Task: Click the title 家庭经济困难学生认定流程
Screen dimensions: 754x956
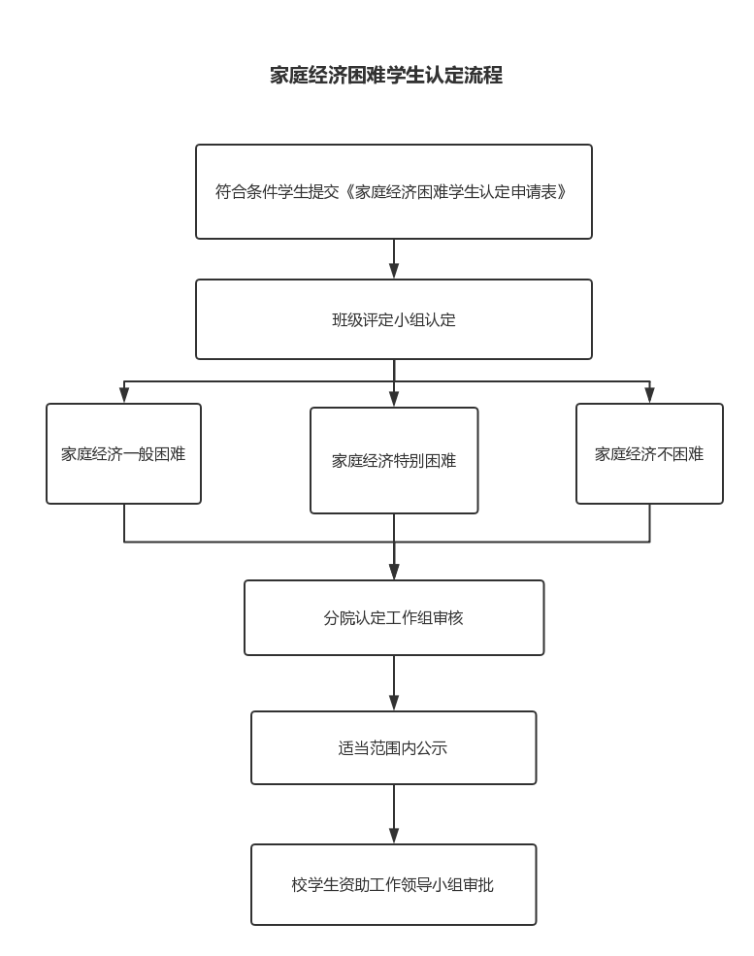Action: click(386, 75)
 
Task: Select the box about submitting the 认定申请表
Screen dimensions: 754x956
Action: click(394, 191)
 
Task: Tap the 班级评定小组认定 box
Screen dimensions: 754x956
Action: click(394, 319)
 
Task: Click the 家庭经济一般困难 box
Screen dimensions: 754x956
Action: click(124, 453)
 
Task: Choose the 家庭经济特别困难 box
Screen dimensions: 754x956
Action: click(394, 460)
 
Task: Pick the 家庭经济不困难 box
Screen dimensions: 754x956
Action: click(649, 453)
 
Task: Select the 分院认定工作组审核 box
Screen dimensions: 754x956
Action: click(394, 617)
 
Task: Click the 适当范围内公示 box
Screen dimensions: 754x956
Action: click(394, 747)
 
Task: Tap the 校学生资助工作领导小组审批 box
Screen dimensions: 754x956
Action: click(394, 885)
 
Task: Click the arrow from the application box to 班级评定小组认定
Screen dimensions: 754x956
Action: click(394, 259)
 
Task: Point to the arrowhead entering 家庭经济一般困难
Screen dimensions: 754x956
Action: click(124, 395)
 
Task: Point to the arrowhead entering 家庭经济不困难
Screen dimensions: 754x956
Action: click(650, 395)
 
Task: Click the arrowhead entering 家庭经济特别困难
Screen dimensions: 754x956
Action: click(394, 399)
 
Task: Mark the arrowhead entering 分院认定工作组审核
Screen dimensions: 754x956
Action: click(394, 572)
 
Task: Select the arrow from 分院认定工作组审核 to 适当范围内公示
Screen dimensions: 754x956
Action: click(394, 683)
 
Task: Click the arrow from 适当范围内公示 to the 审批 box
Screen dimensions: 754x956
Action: click(394, 814)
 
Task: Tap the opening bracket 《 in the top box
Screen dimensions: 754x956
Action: click(347, 192)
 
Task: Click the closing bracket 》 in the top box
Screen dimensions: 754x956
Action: click(562, 192)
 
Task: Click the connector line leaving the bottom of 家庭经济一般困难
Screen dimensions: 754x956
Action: click(124, 522)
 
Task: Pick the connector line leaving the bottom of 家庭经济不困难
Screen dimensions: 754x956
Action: click(650, 522)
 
